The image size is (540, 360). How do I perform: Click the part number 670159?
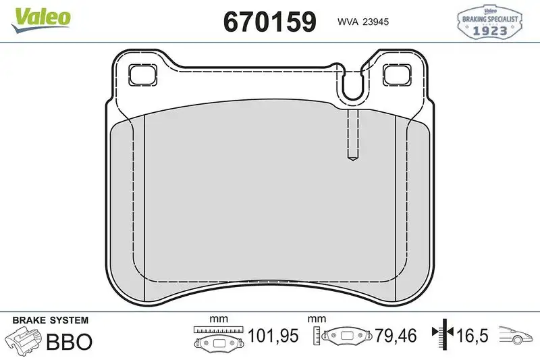pyautogui.click(x=269, y=22)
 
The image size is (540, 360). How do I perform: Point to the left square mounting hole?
pyautogui.click(x=142, y=74)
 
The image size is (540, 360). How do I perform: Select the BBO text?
pyautogui.click(x=68, y=341)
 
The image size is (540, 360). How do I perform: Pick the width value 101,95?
pyautogui.click(x=272, y=336)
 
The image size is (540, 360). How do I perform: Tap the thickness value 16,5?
pyautogui.click(x=474, y=336)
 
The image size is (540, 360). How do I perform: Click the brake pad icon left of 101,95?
pyautogui.click(x=217, y=341)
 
